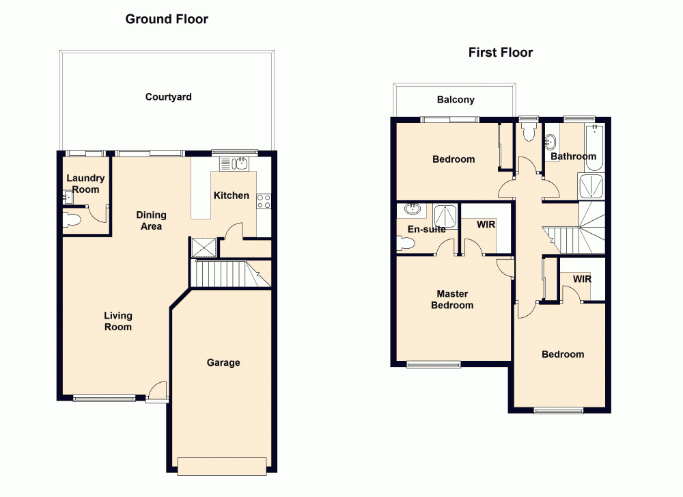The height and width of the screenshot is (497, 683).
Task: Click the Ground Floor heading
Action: click(167, 19)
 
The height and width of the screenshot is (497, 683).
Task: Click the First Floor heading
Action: click(501, 53)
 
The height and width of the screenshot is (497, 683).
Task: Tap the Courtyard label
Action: click(168, 97)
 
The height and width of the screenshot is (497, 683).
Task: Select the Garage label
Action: click(223, 362)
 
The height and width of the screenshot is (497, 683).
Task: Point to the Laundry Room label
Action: click(85, 184)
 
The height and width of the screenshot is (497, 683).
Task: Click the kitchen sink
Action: click(236, 163)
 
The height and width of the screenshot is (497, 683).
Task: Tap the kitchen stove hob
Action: click(264, 200)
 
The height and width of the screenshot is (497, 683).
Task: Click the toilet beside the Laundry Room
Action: click(71, 219)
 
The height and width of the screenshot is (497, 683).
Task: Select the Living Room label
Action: click(118, 321)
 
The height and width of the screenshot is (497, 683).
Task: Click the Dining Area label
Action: click(151, 220)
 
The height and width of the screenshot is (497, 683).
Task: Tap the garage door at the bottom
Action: click(221, 466)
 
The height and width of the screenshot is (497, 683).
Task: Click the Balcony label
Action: click(456, 100)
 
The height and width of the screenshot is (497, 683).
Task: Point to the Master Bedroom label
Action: click(452, 299)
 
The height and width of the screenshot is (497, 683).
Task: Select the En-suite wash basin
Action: click(411, 209)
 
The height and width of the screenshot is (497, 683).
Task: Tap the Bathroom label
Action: click(573, 157)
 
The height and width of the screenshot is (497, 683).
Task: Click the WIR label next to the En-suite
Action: click(486, 224)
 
